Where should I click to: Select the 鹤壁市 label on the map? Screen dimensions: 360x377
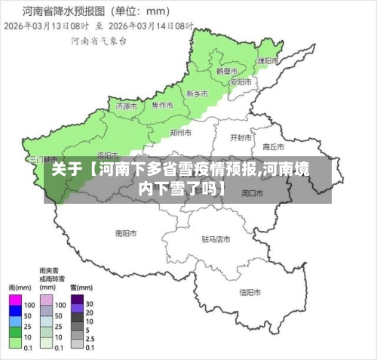(x=227, y=70)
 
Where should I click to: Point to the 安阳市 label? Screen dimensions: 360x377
(x=241, y=82)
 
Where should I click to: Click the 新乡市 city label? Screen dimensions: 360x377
(x=197, y=94)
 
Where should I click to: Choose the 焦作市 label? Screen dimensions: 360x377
(x=161, y=105)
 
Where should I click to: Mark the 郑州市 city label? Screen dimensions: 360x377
(x=181, y=132)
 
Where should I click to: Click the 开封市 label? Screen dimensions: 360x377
(x=241, y=138)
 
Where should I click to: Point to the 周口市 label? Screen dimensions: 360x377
(x=252, y=193)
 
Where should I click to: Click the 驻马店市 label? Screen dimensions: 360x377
(x=216, y=239)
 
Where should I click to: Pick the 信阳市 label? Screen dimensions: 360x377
(x=250, y=292)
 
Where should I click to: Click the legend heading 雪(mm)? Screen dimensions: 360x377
(x=81, y=288)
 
